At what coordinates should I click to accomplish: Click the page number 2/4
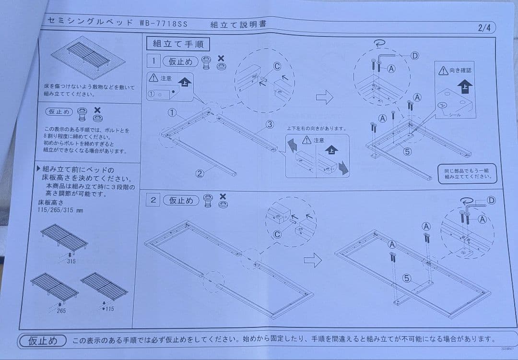(x=484, y=27)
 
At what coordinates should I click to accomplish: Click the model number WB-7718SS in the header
(x=164, y=23)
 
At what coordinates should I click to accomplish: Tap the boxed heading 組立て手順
(x=178, y=44)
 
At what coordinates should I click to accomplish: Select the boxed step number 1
(x=153, y=61)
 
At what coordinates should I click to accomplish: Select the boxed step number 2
(x=153, y=200)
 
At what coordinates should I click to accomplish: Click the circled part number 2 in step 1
(x=200, y=174)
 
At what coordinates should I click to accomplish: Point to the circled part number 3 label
(x=270, y=124)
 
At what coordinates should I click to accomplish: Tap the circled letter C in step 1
(x=277, y=66)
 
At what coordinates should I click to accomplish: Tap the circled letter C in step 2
(x=277, y=235)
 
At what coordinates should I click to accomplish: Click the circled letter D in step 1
(x=414, y=56)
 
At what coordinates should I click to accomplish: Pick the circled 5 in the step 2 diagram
(x=406, y=278)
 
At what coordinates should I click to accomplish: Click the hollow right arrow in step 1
(x=324, y=98)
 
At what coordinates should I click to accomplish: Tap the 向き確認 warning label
(x=455, y=71)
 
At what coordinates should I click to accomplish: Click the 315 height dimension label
(x=71, y=261)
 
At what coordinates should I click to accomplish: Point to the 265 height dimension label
(x=61, y=311)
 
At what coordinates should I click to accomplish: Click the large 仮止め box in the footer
(x=42, y=340)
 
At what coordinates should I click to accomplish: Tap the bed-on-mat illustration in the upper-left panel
(x=88, y=57)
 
